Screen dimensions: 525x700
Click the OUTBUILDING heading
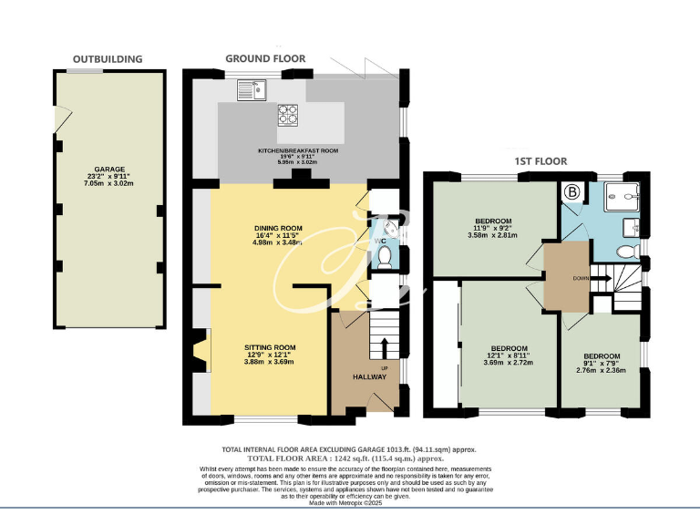(108, 59)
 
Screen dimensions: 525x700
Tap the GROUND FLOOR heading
(265, 59)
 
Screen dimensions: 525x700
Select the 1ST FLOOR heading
(540, 161)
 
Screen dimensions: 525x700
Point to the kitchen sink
(249, 89)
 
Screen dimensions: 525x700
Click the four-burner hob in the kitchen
(289, 114)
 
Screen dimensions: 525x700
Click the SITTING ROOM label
(271, 347)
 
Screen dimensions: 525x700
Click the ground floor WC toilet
(385, 256)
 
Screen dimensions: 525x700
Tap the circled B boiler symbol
(572, 192)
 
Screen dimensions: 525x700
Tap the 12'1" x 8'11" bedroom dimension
(509, 355)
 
